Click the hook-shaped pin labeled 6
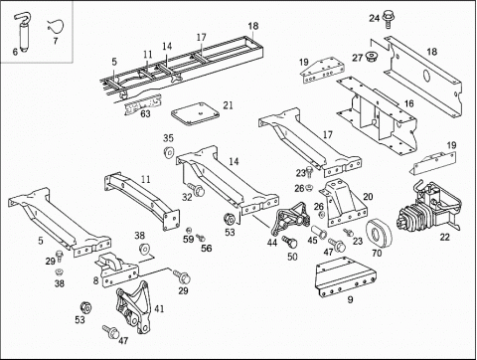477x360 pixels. point(23,37)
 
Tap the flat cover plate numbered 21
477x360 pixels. point(195,113)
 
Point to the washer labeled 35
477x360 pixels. point(169,151)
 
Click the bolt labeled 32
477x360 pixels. point(196,189)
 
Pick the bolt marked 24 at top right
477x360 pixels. point(387,19)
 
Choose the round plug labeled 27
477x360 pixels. point(371,57)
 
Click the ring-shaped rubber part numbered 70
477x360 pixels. point(379,234)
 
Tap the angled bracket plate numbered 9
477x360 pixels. point(345,275)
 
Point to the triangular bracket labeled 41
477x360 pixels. point(132,307)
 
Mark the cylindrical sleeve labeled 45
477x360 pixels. point(319,231)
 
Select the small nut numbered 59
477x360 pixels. point(189,230)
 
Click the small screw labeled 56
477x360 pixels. point(201,238)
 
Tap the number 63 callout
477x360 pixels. point(145,113)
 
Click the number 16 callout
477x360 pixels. point(409,103)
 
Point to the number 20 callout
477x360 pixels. point(368,197)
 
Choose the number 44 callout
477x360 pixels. point(272,243)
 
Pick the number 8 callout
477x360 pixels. point(95,280)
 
